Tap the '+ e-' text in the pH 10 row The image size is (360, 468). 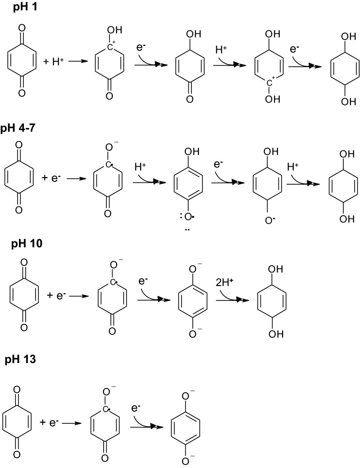tap(57, 296)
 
